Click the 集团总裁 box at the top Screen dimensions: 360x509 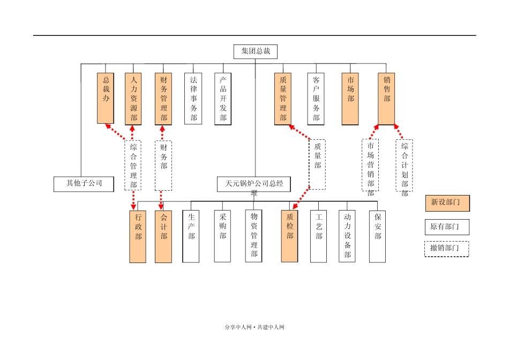pos(256,51)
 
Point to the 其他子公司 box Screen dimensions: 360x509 pos(84,183)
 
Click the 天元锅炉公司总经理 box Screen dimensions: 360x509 pos(254,184)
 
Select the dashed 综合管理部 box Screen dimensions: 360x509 pos(133,164)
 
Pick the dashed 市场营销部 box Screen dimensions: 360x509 pos(370,165)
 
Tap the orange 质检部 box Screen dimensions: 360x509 pos(289,236)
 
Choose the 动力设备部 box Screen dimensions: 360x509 pos(347,236)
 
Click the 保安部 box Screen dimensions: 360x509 pos(377,236)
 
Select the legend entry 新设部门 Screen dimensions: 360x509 pos(447,204)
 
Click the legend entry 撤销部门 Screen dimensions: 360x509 pos(447,249)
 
